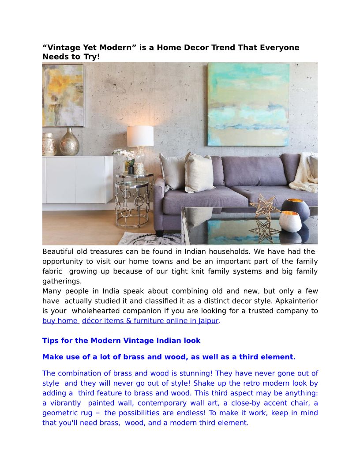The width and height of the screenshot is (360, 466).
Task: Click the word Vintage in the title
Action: point(63,48)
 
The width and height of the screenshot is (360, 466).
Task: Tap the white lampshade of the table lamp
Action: point(140,135)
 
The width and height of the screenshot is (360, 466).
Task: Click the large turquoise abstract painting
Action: point(248,104)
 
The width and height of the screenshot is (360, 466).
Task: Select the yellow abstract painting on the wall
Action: point(63,95)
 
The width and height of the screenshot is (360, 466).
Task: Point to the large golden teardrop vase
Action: point(69,142)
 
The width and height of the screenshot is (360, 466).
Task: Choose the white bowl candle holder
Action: point(290,221)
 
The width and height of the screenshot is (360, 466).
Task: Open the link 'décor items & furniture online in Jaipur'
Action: point(150,321)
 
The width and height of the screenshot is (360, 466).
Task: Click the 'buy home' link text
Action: point(60,321)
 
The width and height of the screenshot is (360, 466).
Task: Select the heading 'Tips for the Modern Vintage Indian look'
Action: point(121,341)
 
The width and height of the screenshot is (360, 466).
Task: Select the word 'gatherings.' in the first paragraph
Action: point(62,281)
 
